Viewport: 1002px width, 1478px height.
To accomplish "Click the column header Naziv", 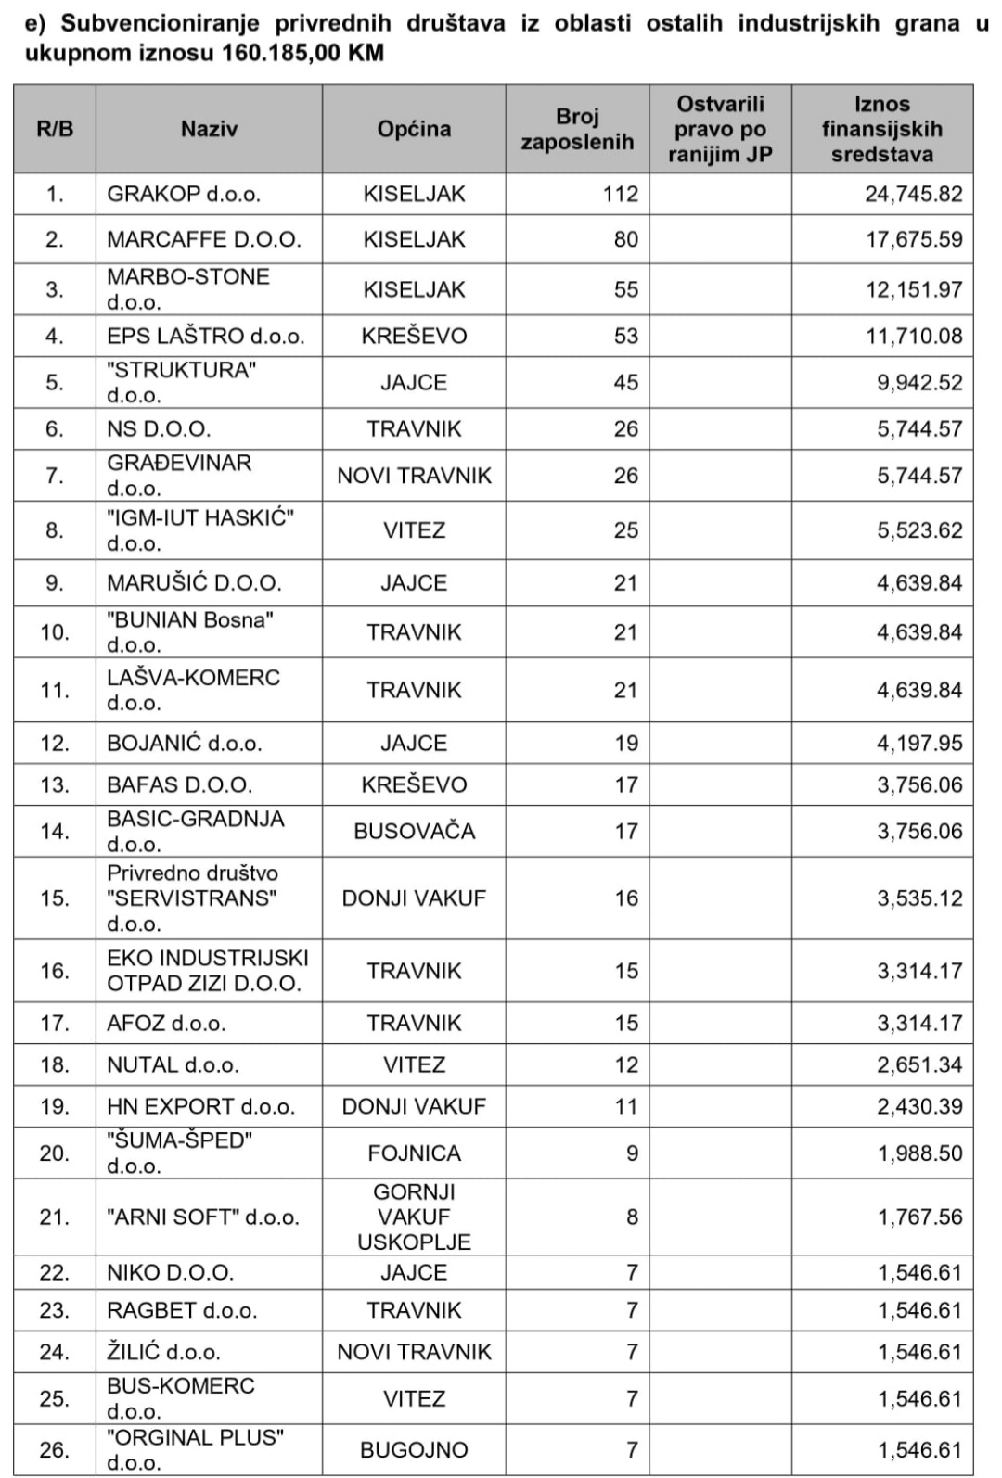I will (x=209, y=129).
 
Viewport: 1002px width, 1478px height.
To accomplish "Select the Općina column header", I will (x=414, y=129).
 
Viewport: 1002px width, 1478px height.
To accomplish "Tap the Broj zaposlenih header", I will (x=577, y=129).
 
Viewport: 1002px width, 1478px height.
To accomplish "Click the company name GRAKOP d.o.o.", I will (x=184, y=194).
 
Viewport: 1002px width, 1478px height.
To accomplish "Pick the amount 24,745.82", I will (x=913, y=194).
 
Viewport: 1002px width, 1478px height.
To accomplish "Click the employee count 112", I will (x=620, y=194).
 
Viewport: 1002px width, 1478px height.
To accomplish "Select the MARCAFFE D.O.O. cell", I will (x=204, y=239).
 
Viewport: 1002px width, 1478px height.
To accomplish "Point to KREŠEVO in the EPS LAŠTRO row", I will (x=414, y=336).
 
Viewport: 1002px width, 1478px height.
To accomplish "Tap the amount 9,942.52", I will (x=919, y=382).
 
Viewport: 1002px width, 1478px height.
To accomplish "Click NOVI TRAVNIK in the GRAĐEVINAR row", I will (x=414, y=476).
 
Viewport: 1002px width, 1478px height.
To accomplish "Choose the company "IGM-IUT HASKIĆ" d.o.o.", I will (x=200, y=529).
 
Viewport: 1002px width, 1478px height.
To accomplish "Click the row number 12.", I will (x=55, y=743).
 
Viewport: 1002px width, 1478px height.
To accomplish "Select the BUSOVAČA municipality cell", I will (x=414, y=831).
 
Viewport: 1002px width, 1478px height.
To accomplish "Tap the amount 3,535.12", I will (x=919, y=898).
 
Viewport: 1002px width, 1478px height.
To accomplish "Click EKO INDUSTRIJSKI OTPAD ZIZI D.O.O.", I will (x=207, y=970).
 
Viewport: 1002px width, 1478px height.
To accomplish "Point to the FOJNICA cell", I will (x=414, y=1153).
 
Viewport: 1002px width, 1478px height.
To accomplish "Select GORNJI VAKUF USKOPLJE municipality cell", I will (x=414, y=1217).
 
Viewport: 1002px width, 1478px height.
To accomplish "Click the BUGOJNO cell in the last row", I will (x=414, y=1449).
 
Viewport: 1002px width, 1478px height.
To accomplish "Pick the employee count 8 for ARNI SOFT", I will (x=632, y=1217).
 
